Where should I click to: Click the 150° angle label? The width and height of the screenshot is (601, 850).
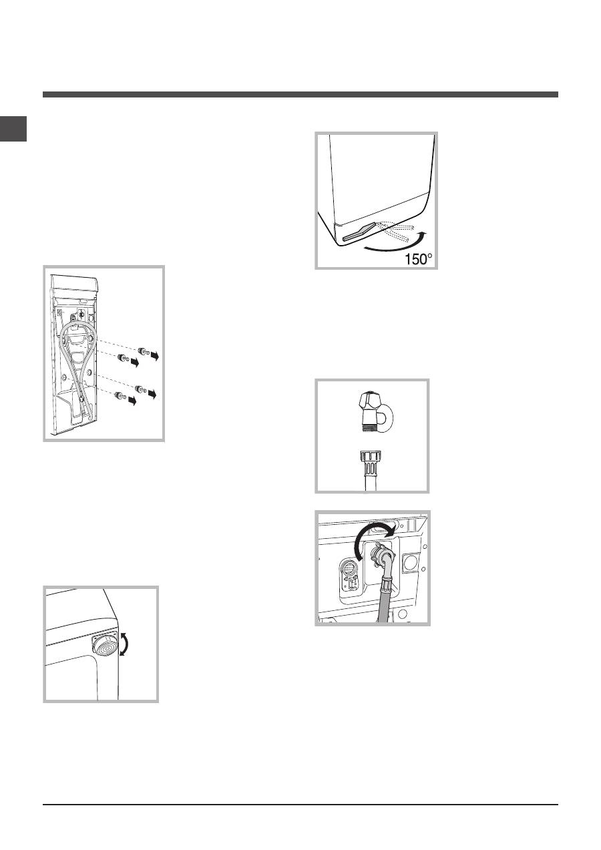pos(418,260)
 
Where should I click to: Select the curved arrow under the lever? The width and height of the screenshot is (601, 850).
pos(395,242)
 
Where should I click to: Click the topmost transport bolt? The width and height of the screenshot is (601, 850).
pos(144,351)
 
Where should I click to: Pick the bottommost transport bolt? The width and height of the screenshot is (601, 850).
pos(120,396)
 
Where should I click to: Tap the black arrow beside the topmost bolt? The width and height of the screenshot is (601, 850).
pos(154,356)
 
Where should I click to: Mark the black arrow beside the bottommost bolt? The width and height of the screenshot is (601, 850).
pos(132,401)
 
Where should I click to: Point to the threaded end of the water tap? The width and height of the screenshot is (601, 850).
pos(369,426)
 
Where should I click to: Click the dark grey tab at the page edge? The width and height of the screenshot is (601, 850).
pos(13,129)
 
